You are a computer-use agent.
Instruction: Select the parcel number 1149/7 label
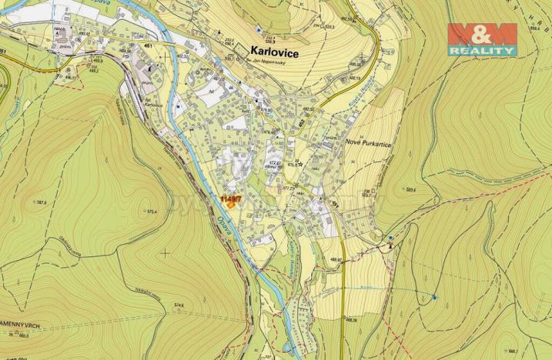230,198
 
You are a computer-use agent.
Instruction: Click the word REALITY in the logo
483,50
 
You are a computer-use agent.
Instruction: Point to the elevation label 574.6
179,305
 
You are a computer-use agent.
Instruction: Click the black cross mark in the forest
165,252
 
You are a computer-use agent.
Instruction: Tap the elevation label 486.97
335,259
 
